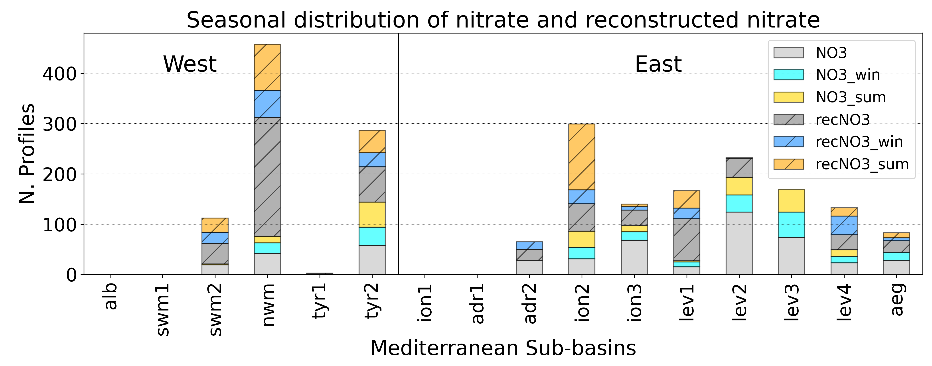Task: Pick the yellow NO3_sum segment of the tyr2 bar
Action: pyautogui.click(x=372, y=214)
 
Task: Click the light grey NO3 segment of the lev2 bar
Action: pyautogui.click(x=739, y=243)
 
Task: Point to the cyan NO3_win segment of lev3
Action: pyautogui.click(x=791, y=224)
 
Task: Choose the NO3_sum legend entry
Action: pyautogui.click(x=851, y=97)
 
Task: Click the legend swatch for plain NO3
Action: pyautogui.click(x=789, y=53)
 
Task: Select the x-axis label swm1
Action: pyautogui.click(x=163, y=310)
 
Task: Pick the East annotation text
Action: pyautogui.click(x=658, y=64)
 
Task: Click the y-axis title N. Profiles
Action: pyautogui.click(x=27, y=154)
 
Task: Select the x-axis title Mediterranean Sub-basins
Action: pyautogui.click(x=503, y=348)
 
